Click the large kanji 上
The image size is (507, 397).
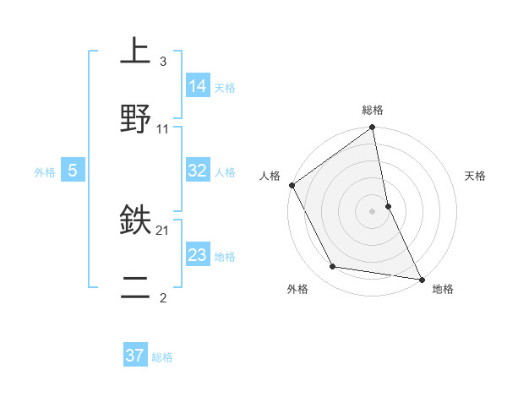coord(135,51)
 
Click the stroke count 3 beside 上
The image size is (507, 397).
coord(162,62)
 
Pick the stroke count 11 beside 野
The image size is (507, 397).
coord(163,129)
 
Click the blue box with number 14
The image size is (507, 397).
coord(198,86)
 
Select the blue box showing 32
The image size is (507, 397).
coord(198,171)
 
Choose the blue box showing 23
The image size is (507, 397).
coord(198,254)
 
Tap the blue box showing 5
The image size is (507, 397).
coord(73,171)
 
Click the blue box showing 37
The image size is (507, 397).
coord(135,356)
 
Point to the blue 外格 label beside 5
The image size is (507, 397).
coord(45,172)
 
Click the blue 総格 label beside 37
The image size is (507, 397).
coord(162,357)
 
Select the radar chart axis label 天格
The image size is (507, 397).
coord(475,176)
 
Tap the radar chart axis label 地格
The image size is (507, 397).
coord(443,289)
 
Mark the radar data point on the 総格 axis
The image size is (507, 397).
coord(373,128)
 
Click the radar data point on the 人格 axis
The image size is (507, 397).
coord(292,185)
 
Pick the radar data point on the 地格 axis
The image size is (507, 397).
coord(422,279)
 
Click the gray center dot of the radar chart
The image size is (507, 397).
coord(372,211)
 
